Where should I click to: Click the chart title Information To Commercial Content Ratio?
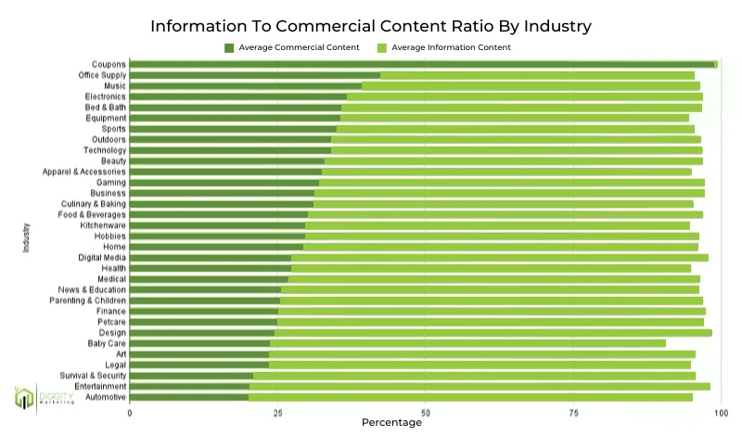pyautogui.click(x=371, y=24)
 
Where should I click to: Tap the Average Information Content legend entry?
pyautogui.click(x=443, y=47)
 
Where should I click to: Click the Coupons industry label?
pyautogui.click(x=109, y=64)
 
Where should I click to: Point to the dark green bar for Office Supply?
pyautogui.click(x=255, y=75)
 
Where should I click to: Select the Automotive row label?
pyautogui.click(x=105, y=397)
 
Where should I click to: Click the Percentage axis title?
pyautogui.click(x=391, y=423)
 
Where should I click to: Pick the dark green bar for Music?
pyautogui.click(x=246, y=85)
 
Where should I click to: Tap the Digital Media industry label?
pyautogui.click(x=103, y=257)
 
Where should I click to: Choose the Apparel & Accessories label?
pyautogui.click(x=84, y=172)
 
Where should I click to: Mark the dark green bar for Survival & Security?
pyautogui.click(x=191, y=376)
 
